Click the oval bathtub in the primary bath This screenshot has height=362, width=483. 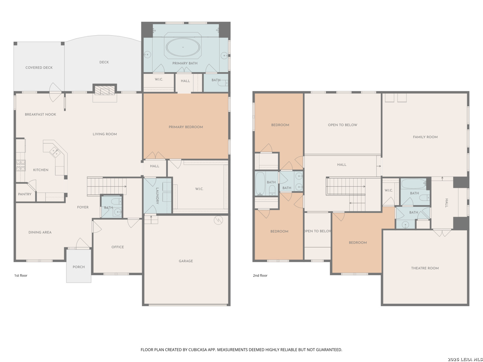click(183, 47)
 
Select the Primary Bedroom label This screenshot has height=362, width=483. click(186, 127)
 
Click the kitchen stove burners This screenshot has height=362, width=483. click(21, 165)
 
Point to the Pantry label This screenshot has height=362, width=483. click(24, 194)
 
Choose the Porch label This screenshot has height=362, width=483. click(78, 267)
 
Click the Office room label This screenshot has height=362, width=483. click(117, 247)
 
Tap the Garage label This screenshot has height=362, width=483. click(186, 261)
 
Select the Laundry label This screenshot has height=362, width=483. click(157, 196)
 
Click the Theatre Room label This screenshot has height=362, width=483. click(425, 268)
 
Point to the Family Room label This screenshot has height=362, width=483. click(425, 137)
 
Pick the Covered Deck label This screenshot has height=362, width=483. click(39, 68)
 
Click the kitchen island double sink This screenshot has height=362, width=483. click(55, 152)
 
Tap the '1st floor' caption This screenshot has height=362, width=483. click(21, 276)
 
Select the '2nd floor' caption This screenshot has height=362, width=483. click(260, 276)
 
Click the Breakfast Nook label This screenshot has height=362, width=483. click(41, 115)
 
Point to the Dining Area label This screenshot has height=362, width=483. click(40, 232)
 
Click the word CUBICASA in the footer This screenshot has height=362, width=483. click(198, 350)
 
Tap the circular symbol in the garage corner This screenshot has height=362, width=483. click(218, 220)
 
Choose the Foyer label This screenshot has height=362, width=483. click(83, 207)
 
